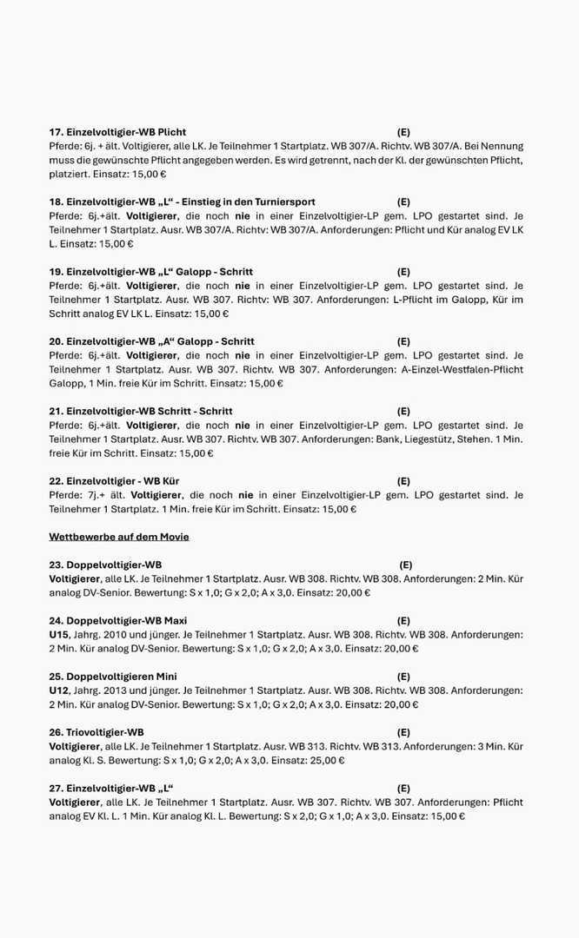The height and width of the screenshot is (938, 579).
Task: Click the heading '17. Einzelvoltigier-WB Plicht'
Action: pos(117,132)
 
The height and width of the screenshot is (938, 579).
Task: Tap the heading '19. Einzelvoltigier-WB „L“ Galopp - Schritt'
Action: pos(151,272)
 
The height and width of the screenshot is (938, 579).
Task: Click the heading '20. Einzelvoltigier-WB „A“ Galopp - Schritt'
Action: pos(151,341)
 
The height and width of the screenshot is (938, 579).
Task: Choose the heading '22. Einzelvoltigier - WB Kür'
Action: pos(114,480)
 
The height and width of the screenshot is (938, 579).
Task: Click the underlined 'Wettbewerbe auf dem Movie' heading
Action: pos(119,537)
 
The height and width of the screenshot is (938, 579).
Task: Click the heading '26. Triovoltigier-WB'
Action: pos(96,732)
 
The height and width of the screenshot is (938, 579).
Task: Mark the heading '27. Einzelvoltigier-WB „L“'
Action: pos(105,788)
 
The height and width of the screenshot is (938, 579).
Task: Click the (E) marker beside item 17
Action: pos(403,132)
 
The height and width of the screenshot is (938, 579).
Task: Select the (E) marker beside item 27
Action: pos(403,788)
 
